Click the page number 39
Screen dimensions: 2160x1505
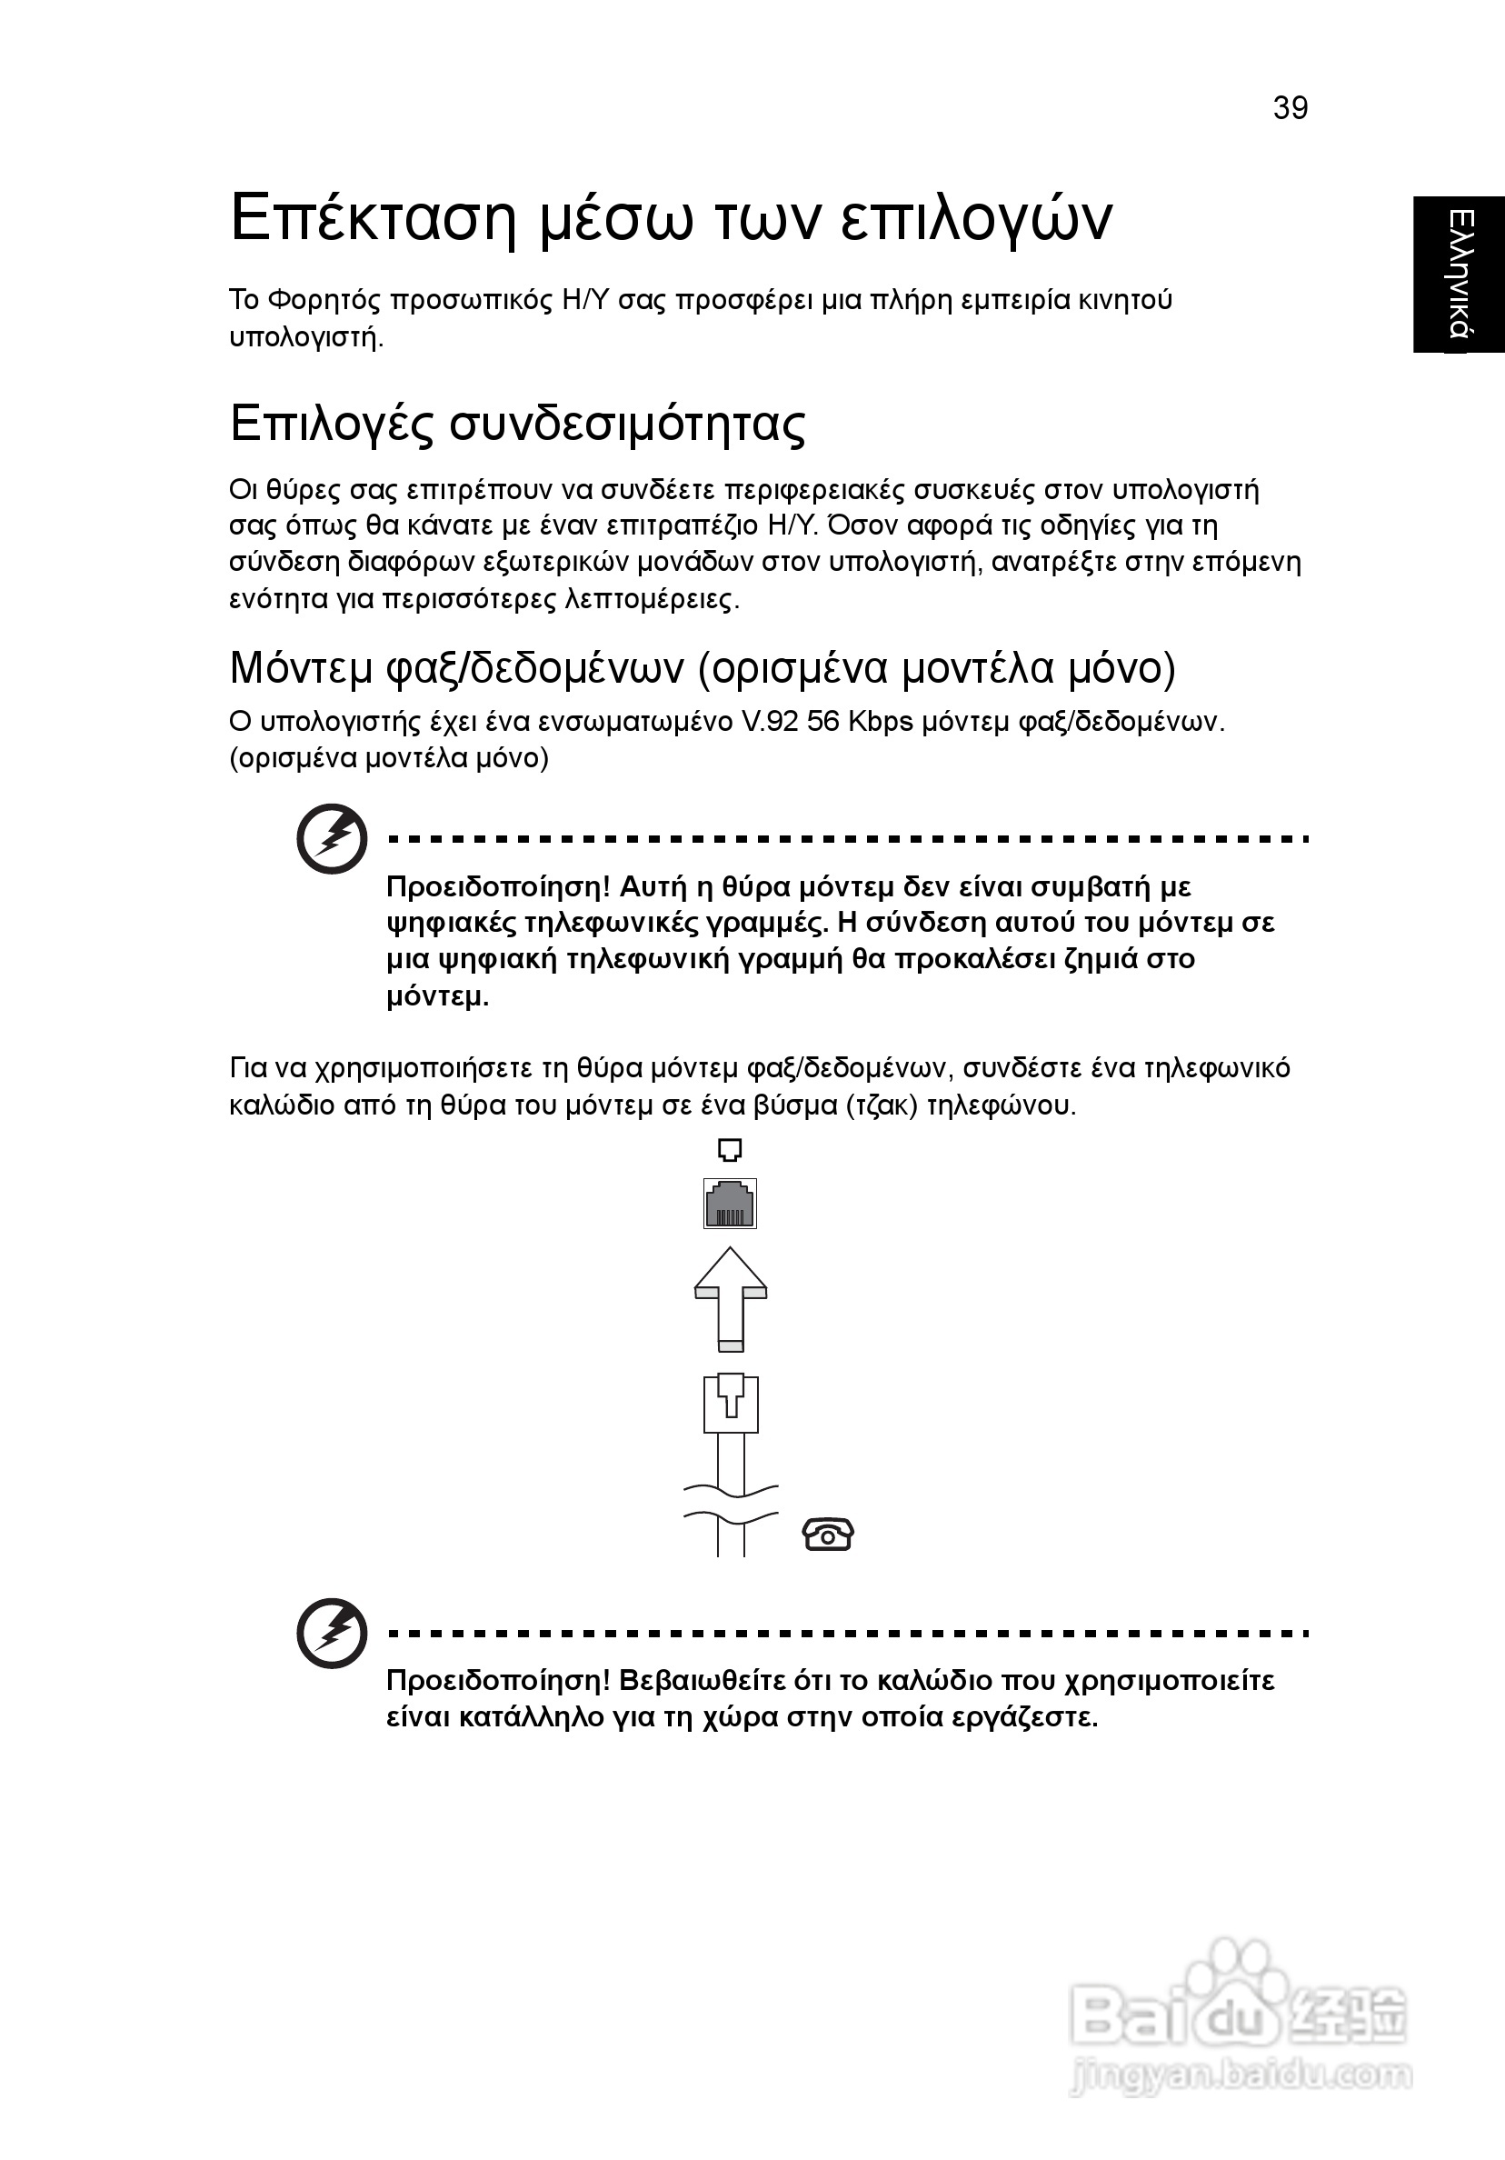point(1290,108)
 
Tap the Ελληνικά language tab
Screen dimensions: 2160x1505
point(1460,274)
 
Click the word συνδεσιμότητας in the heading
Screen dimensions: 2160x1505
point(627,425)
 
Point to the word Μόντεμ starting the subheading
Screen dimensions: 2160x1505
point(301,668)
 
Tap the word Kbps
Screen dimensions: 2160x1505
point(881,723)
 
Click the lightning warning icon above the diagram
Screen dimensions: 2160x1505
point(331,838)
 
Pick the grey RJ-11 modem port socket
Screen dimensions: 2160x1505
point(730,1204)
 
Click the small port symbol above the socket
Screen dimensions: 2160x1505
point(730,1150)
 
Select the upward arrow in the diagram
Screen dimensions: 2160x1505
point(730,1299)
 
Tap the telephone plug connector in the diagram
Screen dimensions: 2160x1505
point(731,1405)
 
